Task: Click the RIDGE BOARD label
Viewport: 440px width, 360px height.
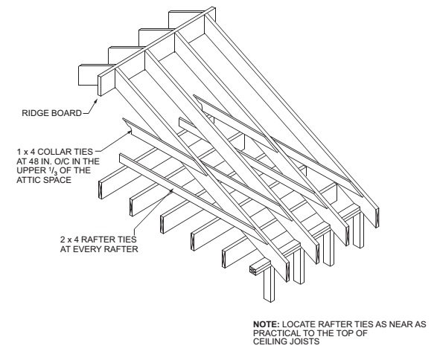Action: [51, 113]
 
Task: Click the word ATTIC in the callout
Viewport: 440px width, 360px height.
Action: [28, 180]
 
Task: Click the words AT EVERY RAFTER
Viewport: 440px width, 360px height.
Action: [99, 249]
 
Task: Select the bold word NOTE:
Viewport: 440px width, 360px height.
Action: [267, 324]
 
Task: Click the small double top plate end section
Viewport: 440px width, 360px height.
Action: [253, 270]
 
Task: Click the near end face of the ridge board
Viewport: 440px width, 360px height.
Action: [99, 86]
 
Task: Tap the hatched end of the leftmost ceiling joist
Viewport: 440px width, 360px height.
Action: [101, 190]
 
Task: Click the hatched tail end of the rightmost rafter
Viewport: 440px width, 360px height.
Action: [377, 218]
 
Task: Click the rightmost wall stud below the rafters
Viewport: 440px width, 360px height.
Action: [358, 231]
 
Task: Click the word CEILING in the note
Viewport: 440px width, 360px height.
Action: [270, 341]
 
